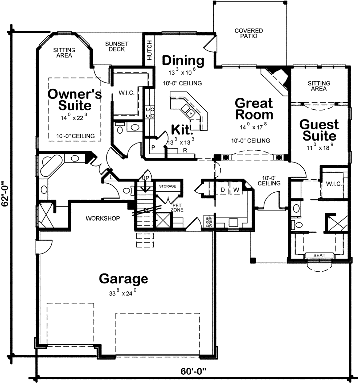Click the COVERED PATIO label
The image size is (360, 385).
[249, 33]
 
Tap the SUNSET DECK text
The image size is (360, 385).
[117, 46]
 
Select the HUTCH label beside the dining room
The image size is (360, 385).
[149, 50]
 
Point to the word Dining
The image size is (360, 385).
[183, 61]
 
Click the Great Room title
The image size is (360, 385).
[254, 109]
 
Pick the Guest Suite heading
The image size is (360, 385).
[319, 130]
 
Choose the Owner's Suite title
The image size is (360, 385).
[74, 100]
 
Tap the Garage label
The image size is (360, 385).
[124, 279]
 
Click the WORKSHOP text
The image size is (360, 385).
[103, 218]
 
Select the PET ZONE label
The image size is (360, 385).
[177, 208]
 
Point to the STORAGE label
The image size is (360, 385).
[168, 186]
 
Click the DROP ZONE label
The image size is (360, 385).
[209, 221]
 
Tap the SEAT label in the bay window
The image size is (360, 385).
[319, 256]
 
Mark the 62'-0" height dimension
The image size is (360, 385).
[5, 194]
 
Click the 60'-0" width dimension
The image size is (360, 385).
[193, 371]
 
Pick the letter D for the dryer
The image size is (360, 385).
[223, 190]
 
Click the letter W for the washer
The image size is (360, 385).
[236, 190]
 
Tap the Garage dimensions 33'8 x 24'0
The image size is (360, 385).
[123, 293]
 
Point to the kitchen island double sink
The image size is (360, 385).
[187, 110]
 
